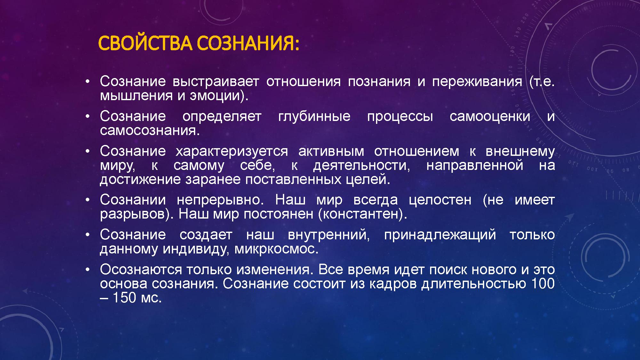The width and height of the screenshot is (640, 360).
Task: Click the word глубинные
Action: coord(314,116)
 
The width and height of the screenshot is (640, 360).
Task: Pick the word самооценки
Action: coord(490,117)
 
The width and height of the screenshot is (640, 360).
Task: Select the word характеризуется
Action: coord(232,152)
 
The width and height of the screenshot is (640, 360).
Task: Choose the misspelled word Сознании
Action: coord(133,200)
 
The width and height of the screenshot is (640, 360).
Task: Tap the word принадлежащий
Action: coord(440,235)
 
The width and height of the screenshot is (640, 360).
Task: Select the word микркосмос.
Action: coord(276,249)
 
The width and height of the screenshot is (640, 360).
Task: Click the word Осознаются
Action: coord(141,270)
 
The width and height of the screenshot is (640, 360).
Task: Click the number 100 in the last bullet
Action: coord(543,284)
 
